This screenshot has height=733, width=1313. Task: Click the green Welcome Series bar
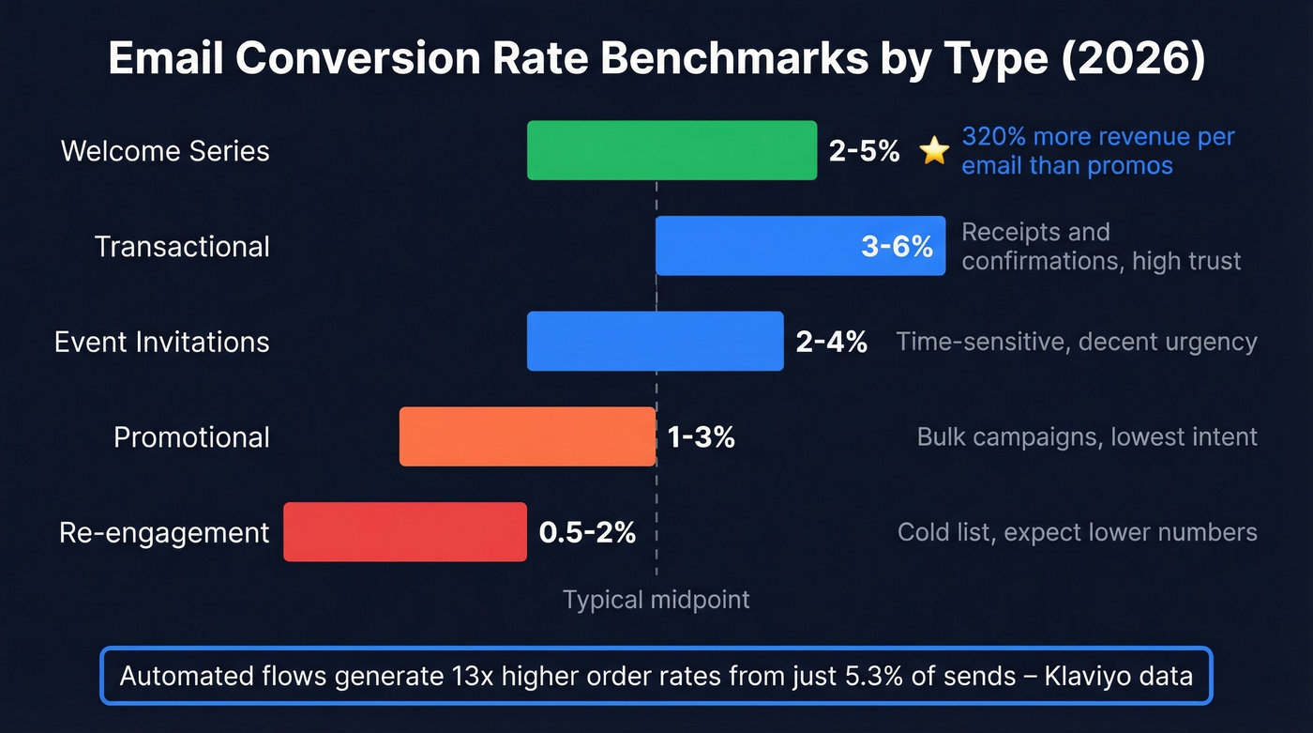coord(672,150)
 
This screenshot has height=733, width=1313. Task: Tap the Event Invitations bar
coord(655,341)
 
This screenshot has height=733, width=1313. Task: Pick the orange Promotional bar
coord(527,436)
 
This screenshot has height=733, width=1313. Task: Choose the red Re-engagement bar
coord(405,532)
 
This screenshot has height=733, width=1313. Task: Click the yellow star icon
coord(934,150)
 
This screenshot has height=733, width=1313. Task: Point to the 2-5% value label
coord(864,151)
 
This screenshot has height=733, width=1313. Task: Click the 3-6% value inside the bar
coord(897,247)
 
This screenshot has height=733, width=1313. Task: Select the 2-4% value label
coord(831,342)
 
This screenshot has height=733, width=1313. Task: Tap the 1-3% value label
coord(701,437)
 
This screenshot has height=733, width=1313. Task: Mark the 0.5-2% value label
coord(587,533)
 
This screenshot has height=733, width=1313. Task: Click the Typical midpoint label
coord(656,600)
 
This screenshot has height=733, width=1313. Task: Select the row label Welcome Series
coord(165,151)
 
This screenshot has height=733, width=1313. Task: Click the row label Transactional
coord(182,247)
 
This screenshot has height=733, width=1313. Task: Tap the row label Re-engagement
coord(164,533)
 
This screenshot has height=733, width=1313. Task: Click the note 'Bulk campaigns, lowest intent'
coord(1087,437)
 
